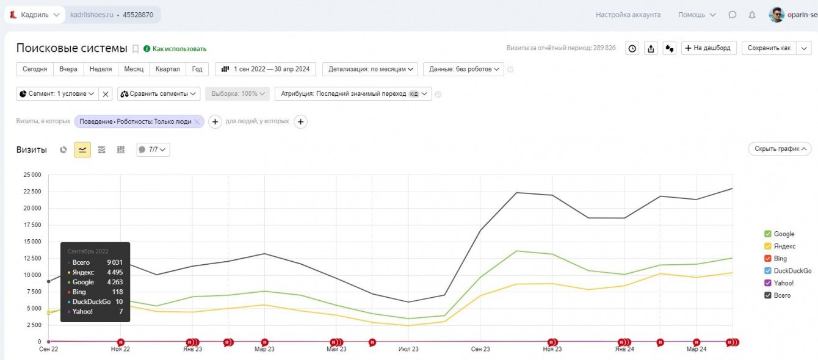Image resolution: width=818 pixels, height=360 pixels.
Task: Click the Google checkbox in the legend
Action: click(x=767, y=234)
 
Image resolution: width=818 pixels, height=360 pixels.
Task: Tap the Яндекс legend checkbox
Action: click(x=767, y=247)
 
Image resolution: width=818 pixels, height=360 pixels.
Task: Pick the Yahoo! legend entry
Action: click(x=783, y=283)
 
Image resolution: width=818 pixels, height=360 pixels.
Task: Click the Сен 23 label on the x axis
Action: click(x=480, y=349)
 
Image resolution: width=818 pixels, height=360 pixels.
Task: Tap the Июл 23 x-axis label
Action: click(x=408, y=349)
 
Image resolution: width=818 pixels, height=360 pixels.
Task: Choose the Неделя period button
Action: click(x=101, y=69)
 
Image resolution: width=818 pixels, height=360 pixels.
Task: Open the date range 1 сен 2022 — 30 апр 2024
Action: click(x=266, y=69)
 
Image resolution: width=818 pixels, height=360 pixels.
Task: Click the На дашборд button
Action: click(x=709, y=48)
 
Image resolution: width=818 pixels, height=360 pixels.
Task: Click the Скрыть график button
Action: click(x=780, y=148)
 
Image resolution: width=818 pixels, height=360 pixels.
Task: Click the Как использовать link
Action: click(x=179, y=49)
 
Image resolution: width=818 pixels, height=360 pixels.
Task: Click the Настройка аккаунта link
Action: click(x=628, y=15)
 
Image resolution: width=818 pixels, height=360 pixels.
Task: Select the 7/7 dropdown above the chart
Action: click(x=153, y=149)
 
